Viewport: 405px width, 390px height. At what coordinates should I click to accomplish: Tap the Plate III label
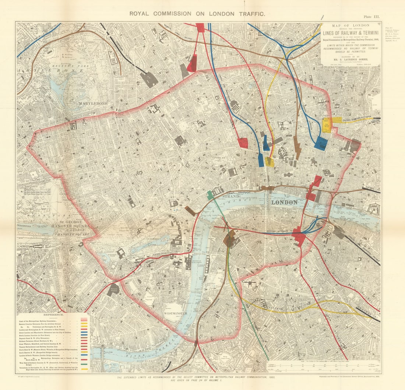(371, 17)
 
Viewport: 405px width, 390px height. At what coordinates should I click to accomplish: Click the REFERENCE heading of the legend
(54, 315)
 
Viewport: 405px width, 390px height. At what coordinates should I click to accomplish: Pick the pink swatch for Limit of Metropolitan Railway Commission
(85, 320)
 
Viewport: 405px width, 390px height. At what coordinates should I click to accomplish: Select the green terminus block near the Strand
(210, 195)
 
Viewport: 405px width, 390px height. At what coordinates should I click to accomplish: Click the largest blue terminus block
(321, 143)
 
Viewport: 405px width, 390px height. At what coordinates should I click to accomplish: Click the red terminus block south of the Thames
(299, 237)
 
